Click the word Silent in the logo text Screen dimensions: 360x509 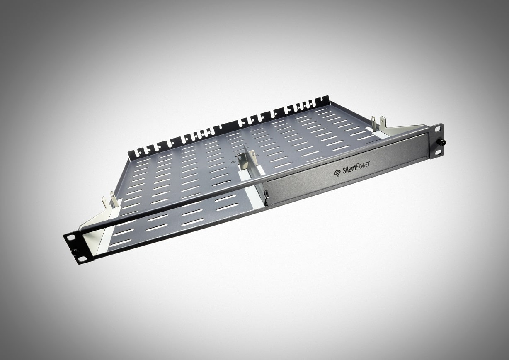(x=348, y=169)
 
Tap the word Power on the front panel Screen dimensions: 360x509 (x=361, y=165)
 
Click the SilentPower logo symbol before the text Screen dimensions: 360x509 (x=337, y=172)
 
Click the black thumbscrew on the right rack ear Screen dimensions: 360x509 (x=442, y=142)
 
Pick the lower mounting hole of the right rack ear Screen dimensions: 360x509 (x=438, y=152)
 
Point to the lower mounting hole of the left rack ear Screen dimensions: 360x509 (x=80, y=259)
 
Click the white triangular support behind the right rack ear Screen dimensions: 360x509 (x=404, y=130)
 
